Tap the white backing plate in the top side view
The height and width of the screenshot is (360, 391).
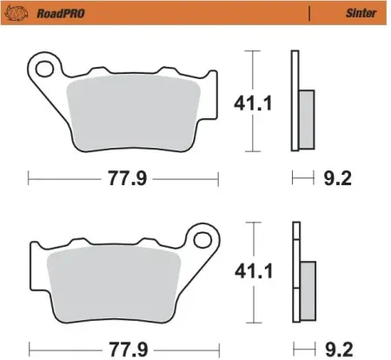pos(295,78)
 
